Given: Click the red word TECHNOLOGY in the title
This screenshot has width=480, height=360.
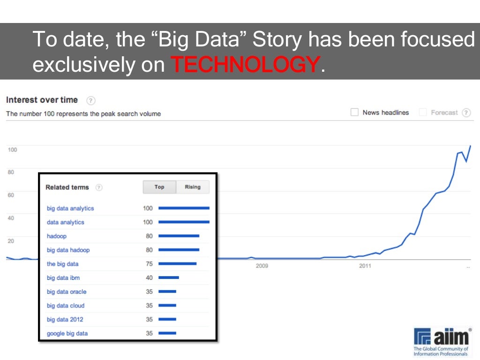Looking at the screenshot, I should tap(245, 65).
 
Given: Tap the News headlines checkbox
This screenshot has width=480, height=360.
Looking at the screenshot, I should tap(354, 112).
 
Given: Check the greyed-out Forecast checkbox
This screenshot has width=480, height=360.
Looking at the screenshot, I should tap(423, 112).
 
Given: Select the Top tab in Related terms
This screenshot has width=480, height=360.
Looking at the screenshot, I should tap(159, 187).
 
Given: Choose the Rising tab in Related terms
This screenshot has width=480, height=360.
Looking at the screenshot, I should tap(193, 187).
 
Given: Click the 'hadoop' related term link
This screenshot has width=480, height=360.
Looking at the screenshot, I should tap(57, 236).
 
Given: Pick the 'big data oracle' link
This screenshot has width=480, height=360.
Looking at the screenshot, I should tap(67, 292).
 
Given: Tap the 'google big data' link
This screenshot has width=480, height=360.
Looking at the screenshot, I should tap(67, 334).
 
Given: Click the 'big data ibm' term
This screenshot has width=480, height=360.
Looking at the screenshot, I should tap(63, 278).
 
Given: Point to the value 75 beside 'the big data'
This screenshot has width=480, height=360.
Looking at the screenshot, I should tap(149, 264).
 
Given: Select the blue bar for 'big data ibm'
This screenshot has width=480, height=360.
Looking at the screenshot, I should tap(169, 277).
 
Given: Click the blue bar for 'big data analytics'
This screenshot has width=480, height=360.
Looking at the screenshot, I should tap(184, 208).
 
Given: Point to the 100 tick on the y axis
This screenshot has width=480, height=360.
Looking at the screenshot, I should tap(12, 150).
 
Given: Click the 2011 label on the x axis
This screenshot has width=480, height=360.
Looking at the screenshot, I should tap(365, 266).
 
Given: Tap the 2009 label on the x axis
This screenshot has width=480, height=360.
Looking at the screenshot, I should tap(262, 266).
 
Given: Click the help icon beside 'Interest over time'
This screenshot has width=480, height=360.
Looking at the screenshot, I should tap(91, 100).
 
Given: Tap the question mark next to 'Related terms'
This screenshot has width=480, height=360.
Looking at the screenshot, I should tap(99, 187).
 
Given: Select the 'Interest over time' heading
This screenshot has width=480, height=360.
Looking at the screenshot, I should tap(42, 100).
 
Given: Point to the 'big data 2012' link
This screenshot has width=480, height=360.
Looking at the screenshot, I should tap(65, 320).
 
